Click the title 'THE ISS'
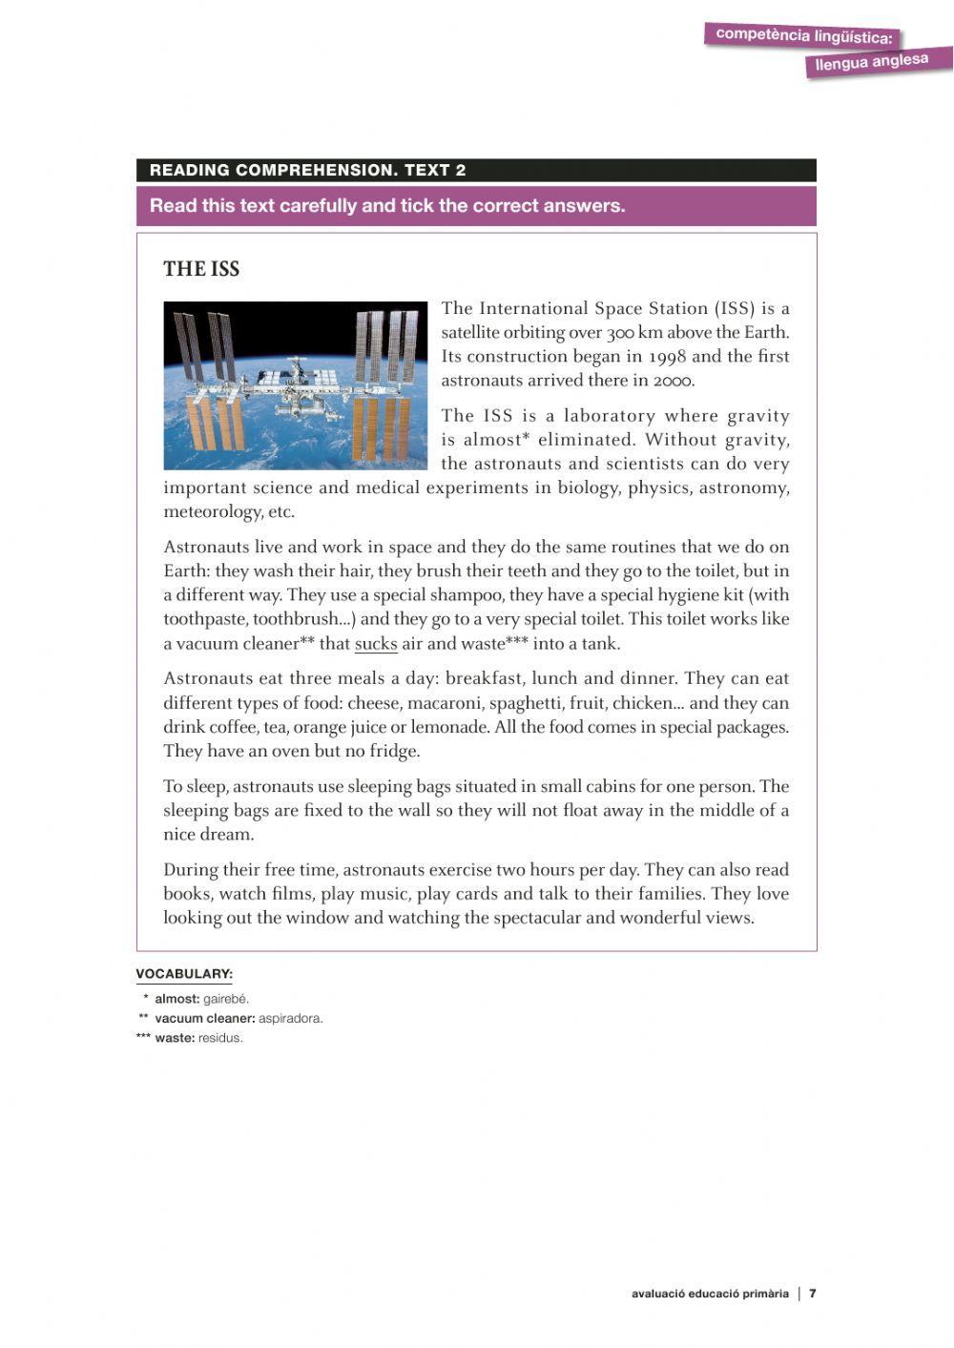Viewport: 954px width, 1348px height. (201, 269)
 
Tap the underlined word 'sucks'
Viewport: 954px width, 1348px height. (376, 644)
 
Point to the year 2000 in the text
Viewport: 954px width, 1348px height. (674, 381)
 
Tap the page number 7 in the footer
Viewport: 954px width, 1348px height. (813, 1294)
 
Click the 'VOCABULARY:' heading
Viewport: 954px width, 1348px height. (184, 974)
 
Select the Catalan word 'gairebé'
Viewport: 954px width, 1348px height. (226, 999)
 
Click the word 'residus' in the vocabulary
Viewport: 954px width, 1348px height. (220, 1038)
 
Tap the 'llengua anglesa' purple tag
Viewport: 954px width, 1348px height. (871, 62)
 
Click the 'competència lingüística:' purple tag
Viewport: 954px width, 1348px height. (803, 35)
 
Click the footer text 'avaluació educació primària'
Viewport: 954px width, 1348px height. (710, 1294)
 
